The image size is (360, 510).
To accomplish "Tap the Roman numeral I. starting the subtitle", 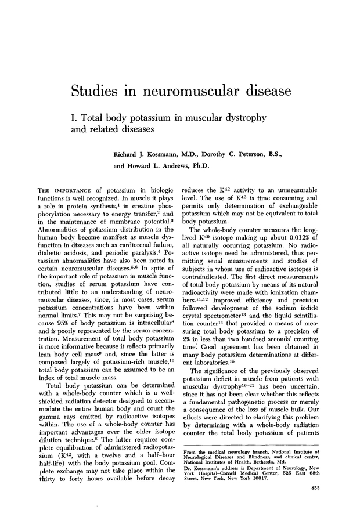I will (x=73, y=118).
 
